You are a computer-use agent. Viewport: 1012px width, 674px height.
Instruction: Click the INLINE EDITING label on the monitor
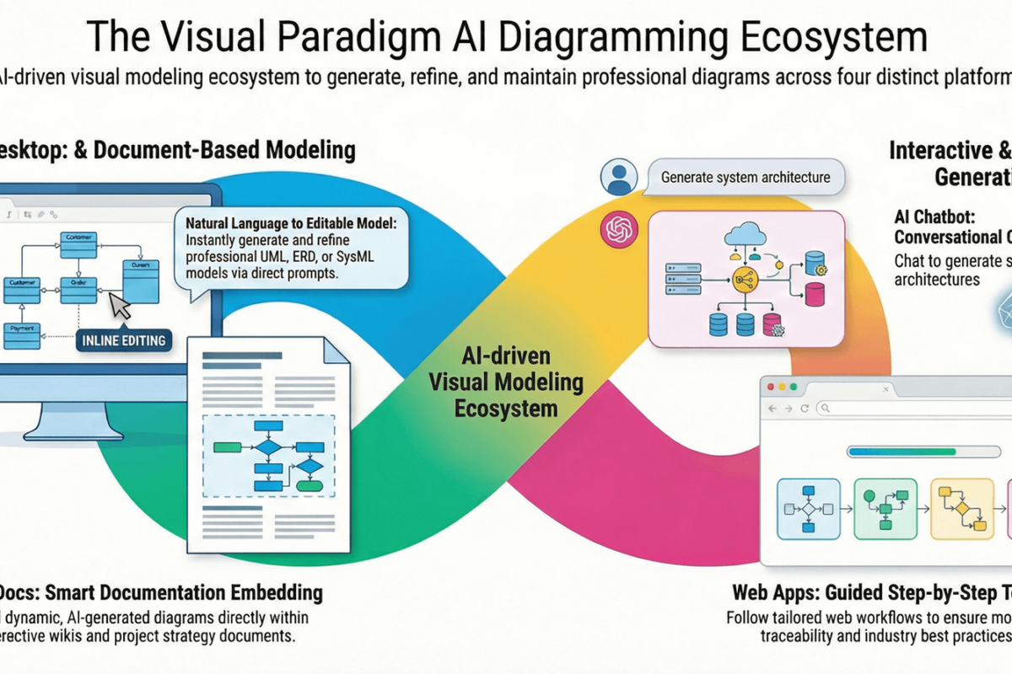pyautogui.click(x=123, y=340)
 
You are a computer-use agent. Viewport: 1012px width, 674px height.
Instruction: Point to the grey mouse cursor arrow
pyautogui.click(x=121, y=306)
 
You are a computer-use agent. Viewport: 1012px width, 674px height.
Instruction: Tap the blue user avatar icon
pyautogui.click(x=619, y=177)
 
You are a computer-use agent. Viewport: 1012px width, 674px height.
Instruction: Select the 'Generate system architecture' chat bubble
pyautogui.click(x=745, y=178)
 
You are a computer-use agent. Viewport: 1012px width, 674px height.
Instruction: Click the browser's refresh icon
pyautogui.click(x=805, y=409)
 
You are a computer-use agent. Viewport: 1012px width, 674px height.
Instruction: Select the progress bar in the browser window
pyautogui.click(x=903, y=452)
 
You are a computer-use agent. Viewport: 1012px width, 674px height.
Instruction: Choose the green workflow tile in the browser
pyautogui.click(x=884, y=509)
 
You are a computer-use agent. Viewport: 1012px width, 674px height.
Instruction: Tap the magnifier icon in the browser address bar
pyautogui.click(x=825, y=409)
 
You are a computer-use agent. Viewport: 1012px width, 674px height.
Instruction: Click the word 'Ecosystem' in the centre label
pyautogui.click(x=506, y=409)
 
